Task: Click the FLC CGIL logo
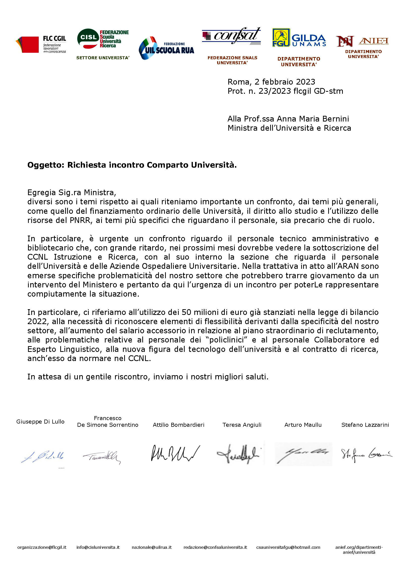(41, 44)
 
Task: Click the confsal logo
(232, 36)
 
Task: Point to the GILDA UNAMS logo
(299, 38)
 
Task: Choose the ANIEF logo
(362, 41)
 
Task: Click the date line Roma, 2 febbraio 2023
(271, 82)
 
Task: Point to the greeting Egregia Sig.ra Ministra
(71, 192)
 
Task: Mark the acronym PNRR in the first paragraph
(80, 220)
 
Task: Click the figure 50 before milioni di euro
(186, 312)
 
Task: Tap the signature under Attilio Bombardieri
(175, 454)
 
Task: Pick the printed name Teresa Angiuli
(242, 425)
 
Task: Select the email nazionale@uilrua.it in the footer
(151, 547)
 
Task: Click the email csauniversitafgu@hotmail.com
(288, 547)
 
